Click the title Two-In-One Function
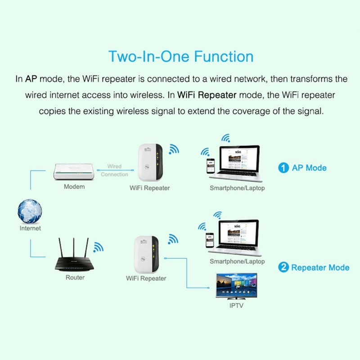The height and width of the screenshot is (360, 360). (180, 57)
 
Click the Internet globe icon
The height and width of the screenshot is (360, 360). (30, 211)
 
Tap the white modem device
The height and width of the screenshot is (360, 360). (74, 171)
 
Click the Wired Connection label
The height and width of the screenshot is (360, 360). (114, 171)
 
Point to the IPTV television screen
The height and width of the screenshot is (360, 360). (237, 286)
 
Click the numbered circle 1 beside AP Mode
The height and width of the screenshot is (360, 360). (283, 168)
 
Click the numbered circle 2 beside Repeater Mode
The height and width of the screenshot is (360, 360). (283, 267)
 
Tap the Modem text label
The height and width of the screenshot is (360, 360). (74, 186)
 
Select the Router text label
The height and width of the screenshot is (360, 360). (75, 278)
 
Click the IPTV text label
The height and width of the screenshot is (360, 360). (237, 306)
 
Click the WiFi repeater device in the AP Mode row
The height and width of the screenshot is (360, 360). (149, 163)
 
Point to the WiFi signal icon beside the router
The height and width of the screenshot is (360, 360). (98, 247)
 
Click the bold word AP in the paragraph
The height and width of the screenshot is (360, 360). (31, 79)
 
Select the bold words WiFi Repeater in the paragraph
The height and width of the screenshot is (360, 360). (207, 95)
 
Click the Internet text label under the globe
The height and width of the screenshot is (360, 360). (30, 228)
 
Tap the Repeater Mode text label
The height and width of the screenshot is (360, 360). (320, 267)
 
